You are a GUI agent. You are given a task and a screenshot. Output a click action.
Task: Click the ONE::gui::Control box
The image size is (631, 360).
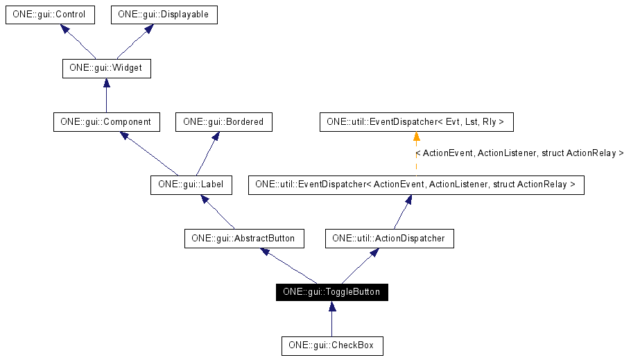pos(49,15)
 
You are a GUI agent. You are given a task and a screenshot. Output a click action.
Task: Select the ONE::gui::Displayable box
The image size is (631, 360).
pos(164,15)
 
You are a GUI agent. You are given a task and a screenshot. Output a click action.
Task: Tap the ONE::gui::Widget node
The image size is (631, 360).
pos(106,69)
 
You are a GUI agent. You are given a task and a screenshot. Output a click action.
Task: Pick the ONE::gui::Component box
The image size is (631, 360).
pos(106,122)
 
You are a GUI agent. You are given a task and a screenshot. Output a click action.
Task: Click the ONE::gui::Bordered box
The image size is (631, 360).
pos(223,122)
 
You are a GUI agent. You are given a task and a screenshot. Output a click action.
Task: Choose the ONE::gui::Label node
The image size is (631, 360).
pos(191,185)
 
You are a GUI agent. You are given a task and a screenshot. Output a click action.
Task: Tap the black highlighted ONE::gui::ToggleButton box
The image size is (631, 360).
pos(331,292)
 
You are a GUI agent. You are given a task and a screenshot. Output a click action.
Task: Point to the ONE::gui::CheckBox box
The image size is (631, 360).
pos(331,345)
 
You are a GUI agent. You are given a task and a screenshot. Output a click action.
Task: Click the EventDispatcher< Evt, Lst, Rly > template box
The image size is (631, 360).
pos(416,122)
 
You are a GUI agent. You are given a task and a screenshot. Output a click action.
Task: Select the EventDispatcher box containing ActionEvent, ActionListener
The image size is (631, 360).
pos(416,185)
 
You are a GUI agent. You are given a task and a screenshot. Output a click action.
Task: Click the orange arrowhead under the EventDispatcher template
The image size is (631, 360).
pos(416,137)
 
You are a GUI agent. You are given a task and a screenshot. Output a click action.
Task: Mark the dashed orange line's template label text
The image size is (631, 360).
pos(519,153)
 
